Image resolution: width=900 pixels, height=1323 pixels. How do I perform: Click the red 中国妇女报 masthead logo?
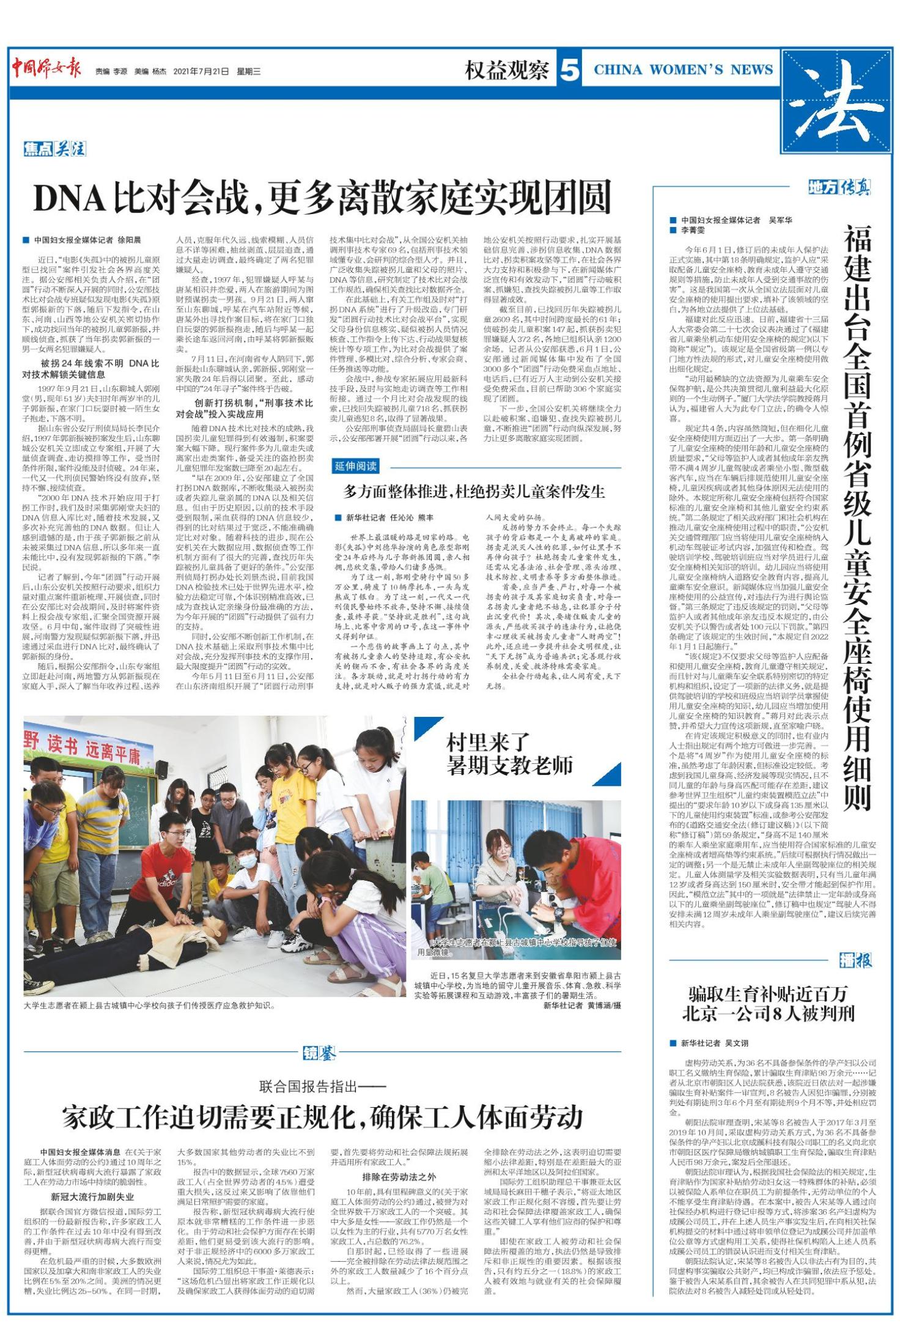[x=46, y=69]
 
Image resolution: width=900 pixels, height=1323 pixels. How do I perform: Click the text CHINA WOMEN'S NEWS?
[x=683, y=70]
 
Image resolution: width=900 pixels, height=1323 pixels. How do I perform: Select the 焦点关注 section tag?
[x=54, y=149]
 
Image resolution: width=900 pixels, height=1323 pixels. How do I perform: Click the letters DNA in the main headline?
[x=70, y=198]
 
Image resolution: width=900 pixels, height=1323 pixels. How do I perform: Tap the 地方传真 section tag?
[x=839, y=187]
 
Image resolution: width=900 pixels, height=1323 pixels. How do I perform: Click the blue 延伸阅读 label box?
[x=356, y=466]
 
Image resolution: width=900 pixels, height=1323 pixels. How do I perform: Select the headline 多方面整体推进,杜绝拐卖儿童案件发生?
[x=474, y=491]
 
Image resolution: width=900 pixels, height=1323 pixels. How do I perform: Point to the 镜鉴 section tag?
[x=319, y=1053]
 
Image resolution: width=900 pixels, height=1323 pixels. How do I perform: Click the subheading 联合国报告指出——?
[x=322, y=1086]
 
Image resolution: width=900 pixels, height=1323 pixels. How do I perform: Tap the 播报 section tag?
[x=855, y=960]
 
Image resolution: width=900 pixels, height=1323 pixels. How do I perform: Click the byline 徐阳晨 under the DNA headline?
[x=128, y=240]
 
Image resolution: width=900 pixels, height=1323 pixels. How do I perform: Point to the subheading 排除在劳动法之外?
[x=399, y=1176]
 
